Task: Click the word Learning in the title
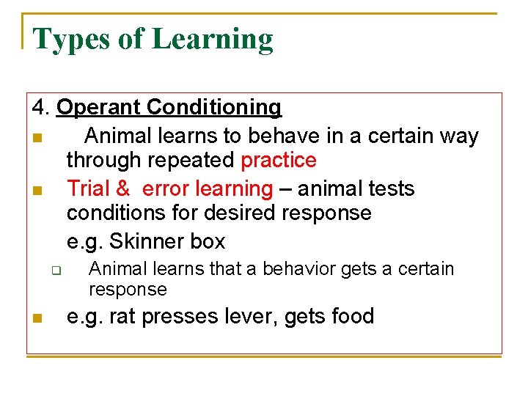pos(213,40)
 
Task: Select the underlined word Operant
pos(99,108)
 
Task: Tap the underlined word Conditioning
pos(214,108)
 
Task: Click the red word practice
pos(279,161)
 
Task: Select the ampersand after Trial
pos(122,188)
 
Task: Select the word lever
pos(246,316)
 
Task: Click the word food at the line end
pos(352,316)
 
